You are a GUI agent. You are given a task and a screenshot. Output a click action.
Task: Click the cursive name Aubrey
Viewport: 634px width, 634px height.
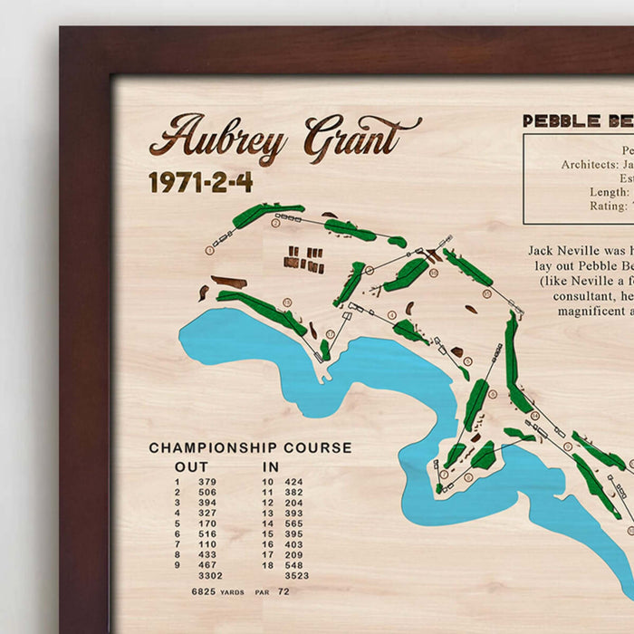(217, 139)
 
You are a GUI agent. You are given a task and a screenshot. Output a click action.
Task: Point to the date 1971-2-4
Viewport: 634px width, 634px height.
(200, 182)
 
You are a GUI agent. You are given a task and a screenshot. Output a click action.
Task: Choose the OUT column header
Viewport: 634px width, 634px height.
(191, 466)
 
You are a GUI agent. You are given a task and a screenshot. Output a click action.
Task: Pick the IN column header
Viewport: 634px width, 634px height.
(271, 466)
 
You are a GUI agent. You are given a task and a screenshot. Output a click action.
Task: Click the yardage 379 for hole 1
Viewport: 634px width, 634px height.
(207, 482)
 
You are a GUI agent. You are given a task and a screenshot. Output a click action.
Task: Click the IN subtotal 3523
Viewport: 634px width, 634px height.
(296, 575)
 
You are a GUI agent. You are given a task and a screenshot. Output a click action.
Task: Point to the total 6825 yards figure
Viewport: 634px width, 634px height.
(204, 591)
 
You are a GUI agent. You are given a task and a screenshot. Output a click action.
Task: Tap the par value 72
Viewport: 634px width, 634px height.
(283, 591)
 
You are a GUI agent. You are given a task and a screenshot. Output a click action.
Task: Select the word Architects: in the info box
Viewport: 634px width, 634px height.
(590, 165)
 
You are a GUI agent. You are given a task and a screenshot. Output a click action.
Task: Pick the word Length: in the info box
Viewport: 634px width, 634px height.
(609, 192)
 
